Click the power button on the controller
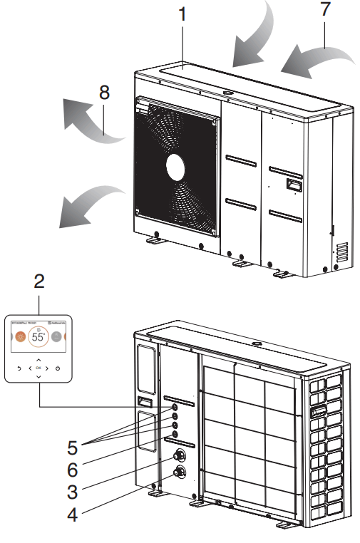pyautogui.click(x=58, y=369)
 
